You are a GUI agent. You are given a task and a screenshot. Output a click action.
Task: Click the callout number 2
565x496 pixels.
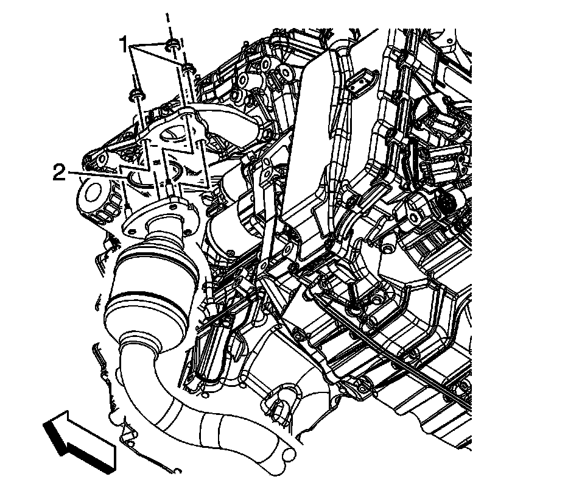(x=60, y=173)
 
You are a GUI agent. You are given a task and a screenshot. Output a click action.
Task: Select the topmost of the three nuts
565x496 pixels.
(x=172, y=44)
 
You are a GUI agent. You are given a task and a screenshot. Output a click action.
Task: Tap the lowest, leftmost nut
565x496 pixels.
(x=137, y=95)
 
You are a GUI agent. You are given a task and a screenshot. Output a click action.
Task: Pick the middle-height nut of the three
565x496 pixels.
(x=188, y=67)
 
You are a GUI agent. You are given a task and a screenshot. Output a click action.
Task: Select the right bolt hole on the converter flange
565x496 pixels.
(x=188, y=228)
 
